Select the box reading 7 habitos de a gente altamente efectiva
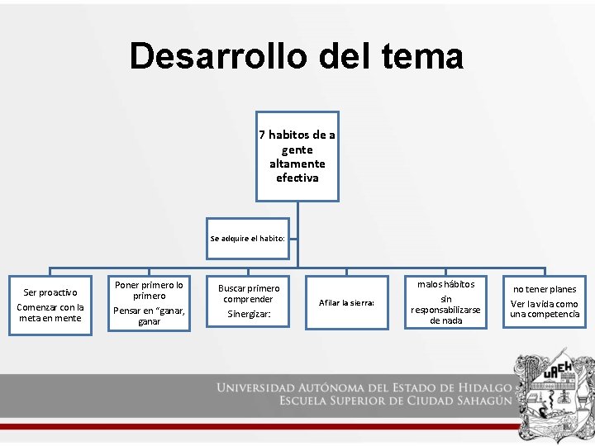297,156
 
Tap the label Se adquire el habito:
247,238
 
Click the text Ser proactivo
50,292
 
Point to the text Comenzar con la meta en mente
50,313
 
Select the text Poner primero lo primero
149,290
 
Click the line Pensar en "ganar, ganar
149,316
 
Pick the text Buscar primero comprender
249,293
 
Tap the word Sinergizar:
249,315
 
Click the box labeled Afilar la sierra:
347,303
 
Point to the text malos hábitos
446,284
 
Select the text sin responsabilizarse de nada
446,310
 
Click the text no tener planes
545,289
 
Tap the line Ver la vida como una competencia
545,309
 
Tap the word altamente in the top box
297,164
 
